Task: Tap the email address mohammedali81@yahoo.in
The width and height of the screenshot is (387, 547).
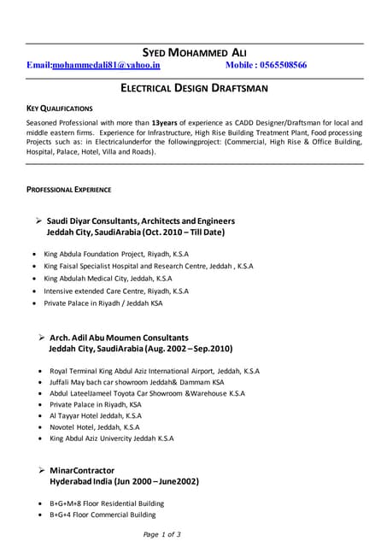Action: point(106,65)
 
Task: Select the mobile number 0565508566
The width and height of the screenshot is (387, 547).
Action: point(279,65)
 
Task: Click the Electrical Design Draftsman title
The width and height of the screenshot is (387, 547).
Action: point(193,88)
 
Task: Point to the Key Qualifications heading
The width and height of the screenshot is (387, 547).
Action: point(60,109)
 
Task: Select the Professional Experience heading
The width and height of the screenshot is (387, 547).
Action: point(68,188)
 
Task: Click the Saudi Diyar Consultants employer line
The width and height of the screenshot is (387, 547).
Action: point(140,221)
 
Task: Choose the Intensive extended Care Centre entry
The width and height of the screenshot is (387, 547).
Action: point(116,291)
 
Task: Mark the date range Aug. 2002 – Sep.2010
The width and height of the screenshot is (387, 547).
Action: point(190,350)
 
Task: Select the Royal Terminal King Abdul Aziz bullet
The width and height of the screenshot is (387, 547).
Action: point(155,372)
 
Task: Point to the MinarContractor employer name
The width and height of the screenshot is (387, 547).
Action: point(82,470)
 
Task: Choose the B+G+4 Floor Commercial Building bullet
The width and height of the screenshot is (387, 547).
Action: point(103,515)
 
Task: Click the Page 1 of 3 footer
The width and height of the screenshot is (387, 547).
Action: point(161,534)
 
